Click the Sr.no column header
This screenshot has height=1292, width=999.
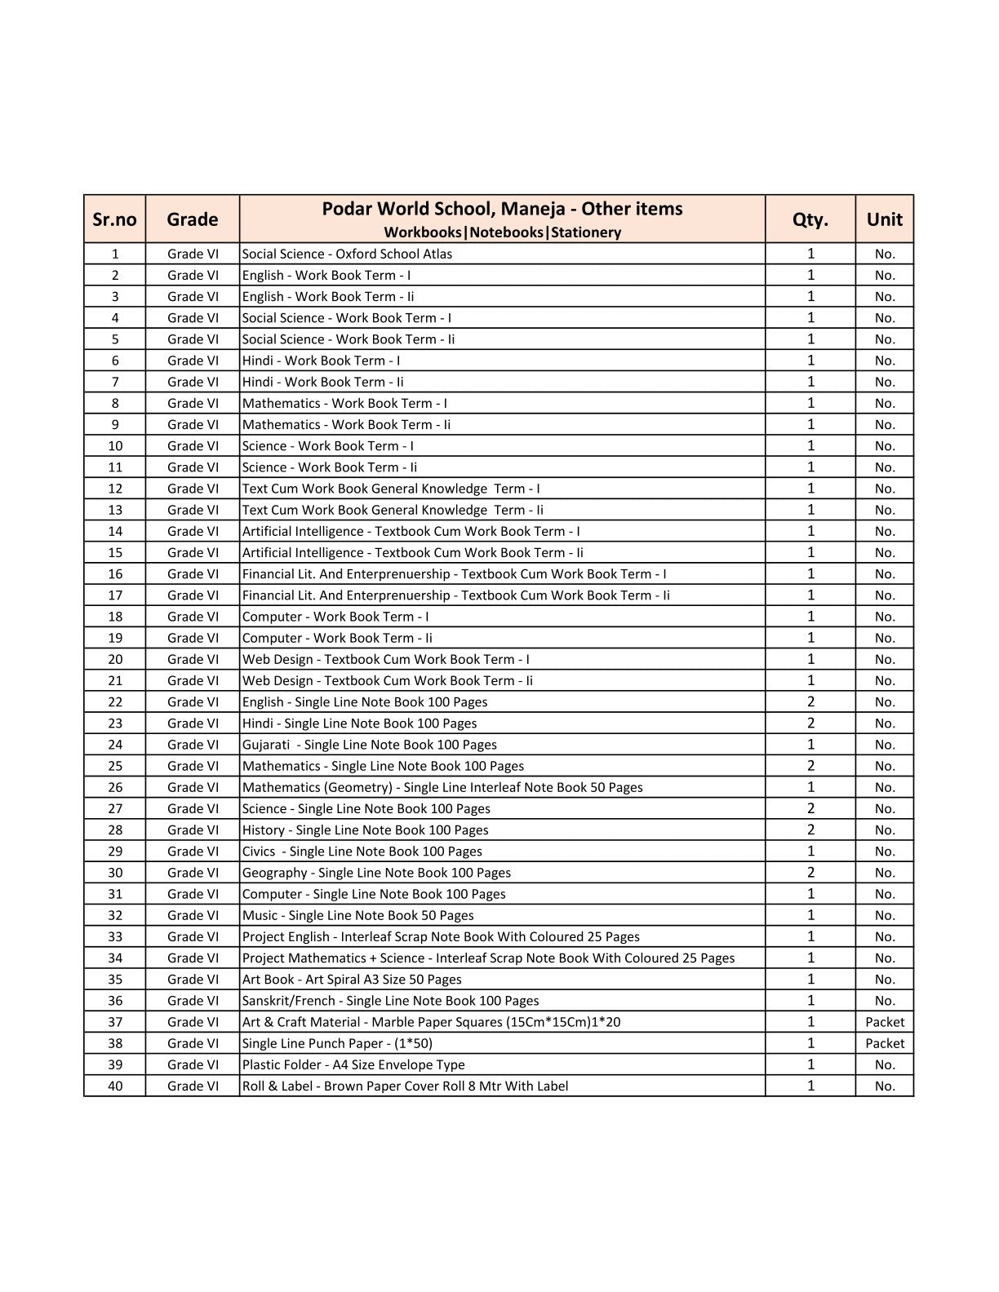pyautogui.click(x=114, y=219)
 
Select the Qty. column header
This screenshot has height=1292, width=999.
pyautogui.click(x=810, y=219)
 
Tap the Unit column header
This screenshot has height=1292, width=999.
pyautogui.click(x=885, y=219)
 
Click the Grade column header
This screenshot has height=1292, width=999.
pyautogui.click(x=193, y=219)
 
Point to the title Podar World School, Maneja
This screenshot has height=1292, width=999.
pyautogui.click(x=502, y=209)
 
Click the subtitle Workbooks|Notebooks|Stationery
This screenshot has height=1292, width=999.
pyautogui.click(x=502, y=232)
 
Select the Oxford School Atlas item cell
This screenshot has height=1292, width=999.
pyautogui.click(x=347, y=254)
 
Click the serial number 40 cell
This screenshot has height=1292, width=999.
pyautogui.click(x=115, y=1086)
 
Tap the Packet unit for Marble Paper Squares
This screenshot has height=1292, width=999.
pyautogui.click(x=885, y=1022)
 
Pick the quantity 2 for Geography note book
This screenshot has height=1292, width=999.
pyautogui.click(x=810, y=873)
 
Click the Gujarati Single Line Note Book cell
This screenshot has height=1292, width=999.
pyautogui.click(x=370, y=745)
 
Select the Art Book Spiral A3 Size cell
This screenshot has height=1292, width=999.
pyautogui.click(x=352, y=980)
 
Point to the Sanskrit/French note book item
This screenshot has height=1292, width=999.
pyautogui.click(x=390, y=1001)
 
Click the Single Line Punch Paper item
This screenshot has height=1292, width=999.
pyautogui.click(x=337, y=1043)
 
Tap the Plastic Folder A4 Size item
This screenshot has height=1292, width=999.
pyautogui.click(x=353, y=1064)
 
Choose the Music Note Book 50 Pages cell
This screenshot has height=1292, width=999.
pyautogui.click(x=357, y=915)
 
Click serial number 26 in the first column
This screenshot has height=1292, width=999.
pyautogui.click(x=115, y=787)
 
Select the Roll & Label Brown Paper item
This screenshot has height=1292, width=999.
pyautogui.click(x=405, y=1086)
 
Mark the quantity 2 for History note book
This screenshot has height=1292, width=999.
pyautogui.click(x=810, y=830)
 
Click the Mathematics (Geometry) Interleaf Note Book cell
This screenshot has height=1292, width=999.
pyautogui.click(x=442, y=787)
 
